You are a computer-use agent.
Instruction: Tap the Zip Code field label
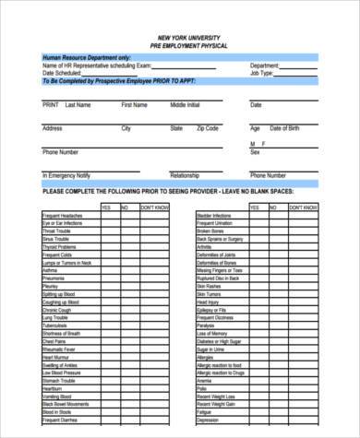(209, 128)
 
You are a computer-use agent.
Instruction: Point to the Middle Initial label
(185, 105)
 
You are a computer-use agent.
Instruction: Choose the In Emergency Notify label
(66, 174)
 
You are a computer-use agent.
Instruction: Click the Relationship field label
(185, 174)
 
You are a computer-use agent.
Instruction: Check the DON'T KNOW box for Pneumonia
(154, 278)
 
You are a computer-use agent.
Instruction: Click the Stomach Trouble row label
(58, 380)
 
